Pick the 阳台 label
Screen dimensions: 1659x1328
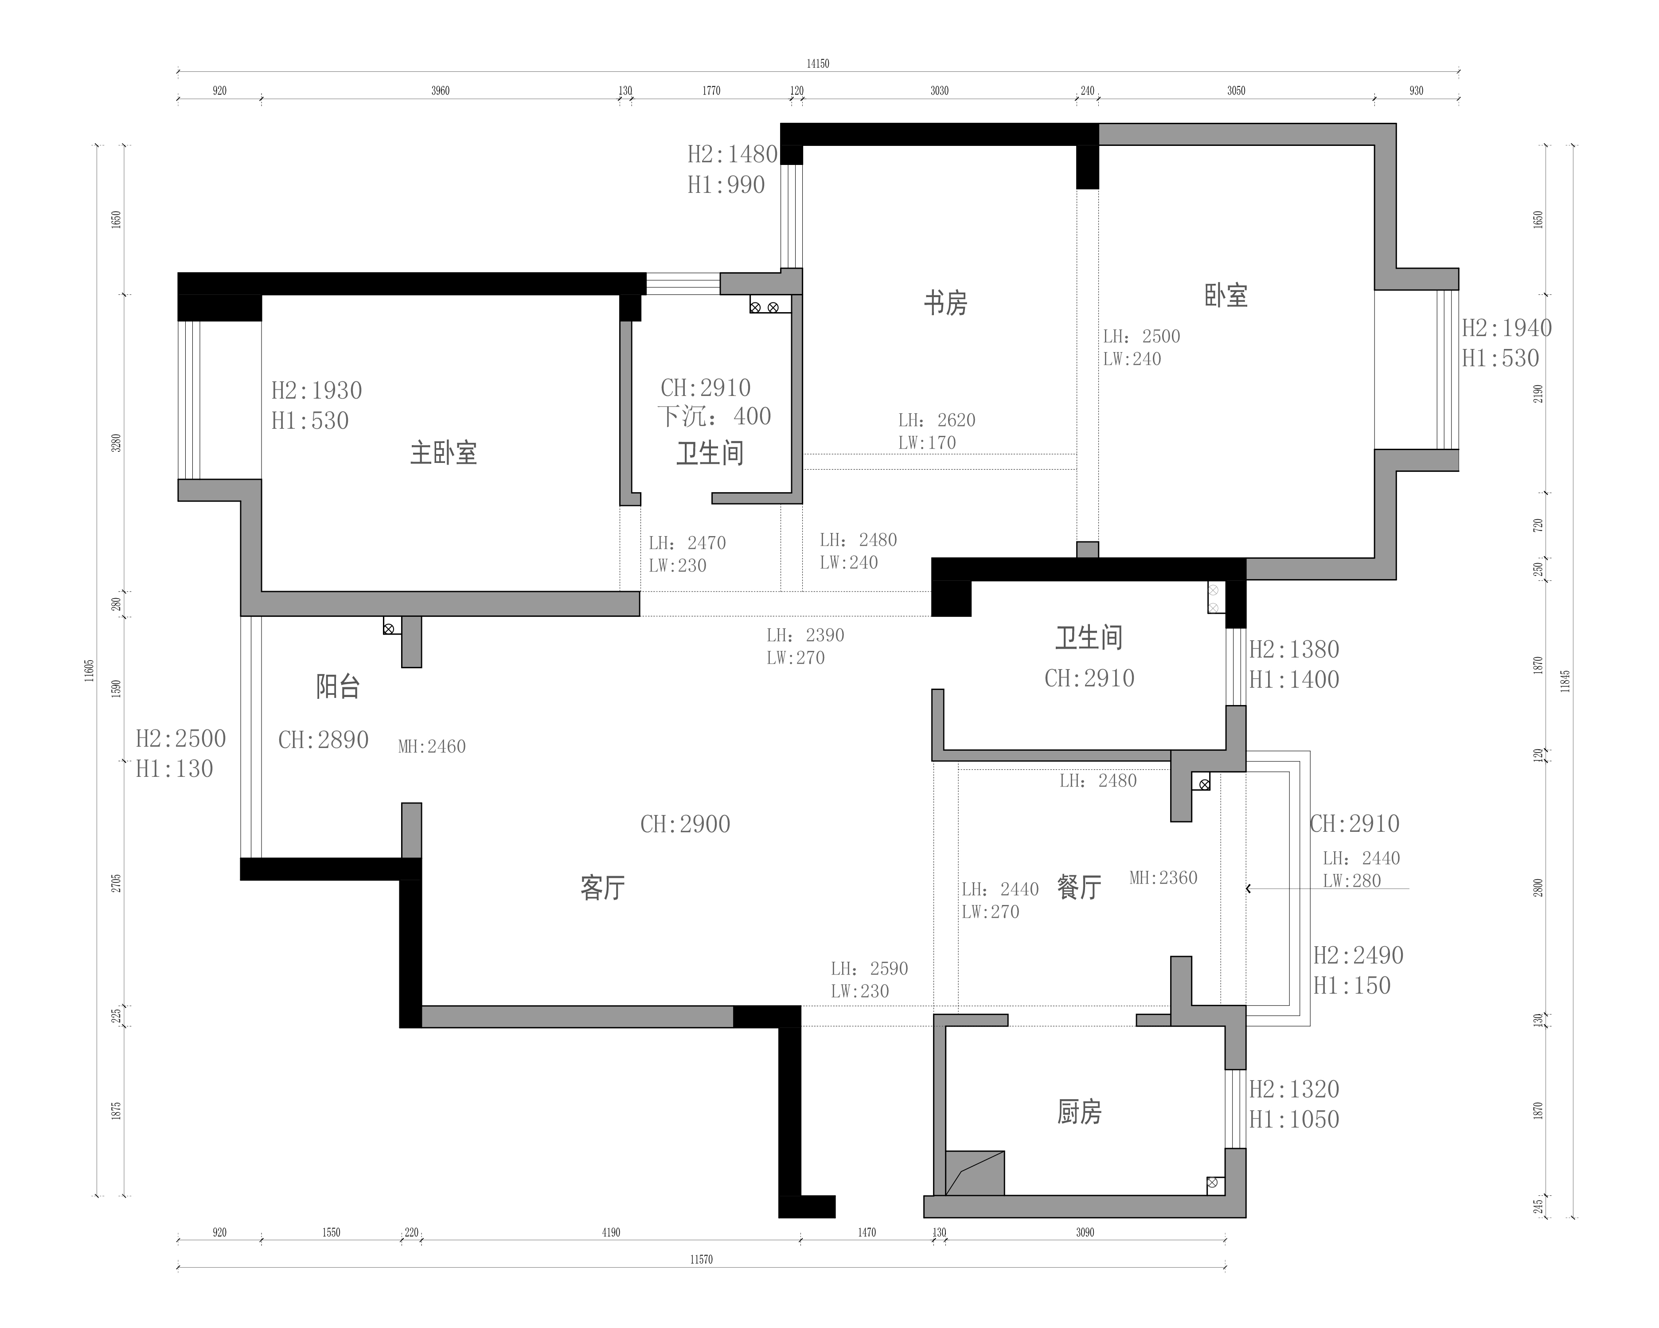[x=338, y=686]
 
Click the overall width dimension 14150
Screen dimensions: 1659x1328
[x=817, y=64]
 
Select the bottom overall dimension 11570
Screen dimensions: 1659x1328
[x=701, y=1259]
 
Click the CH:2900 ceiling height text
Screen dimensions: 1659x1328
[x=685, y=825]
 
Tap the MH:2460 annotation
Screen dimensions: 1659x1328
[x=432, y=746]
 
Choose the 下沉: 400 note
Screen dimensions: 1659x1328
[x=714, y=416]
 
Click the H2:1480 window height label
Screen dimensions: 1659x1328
[x=733, y=155]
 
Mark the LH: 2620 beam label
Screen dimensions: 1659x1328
[x=937, y=420]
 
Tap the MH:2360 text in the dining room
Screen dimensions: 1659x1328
[x=1163, y=877]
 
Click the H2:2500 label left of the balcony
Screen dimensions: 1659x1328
[x=181, y=739]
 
